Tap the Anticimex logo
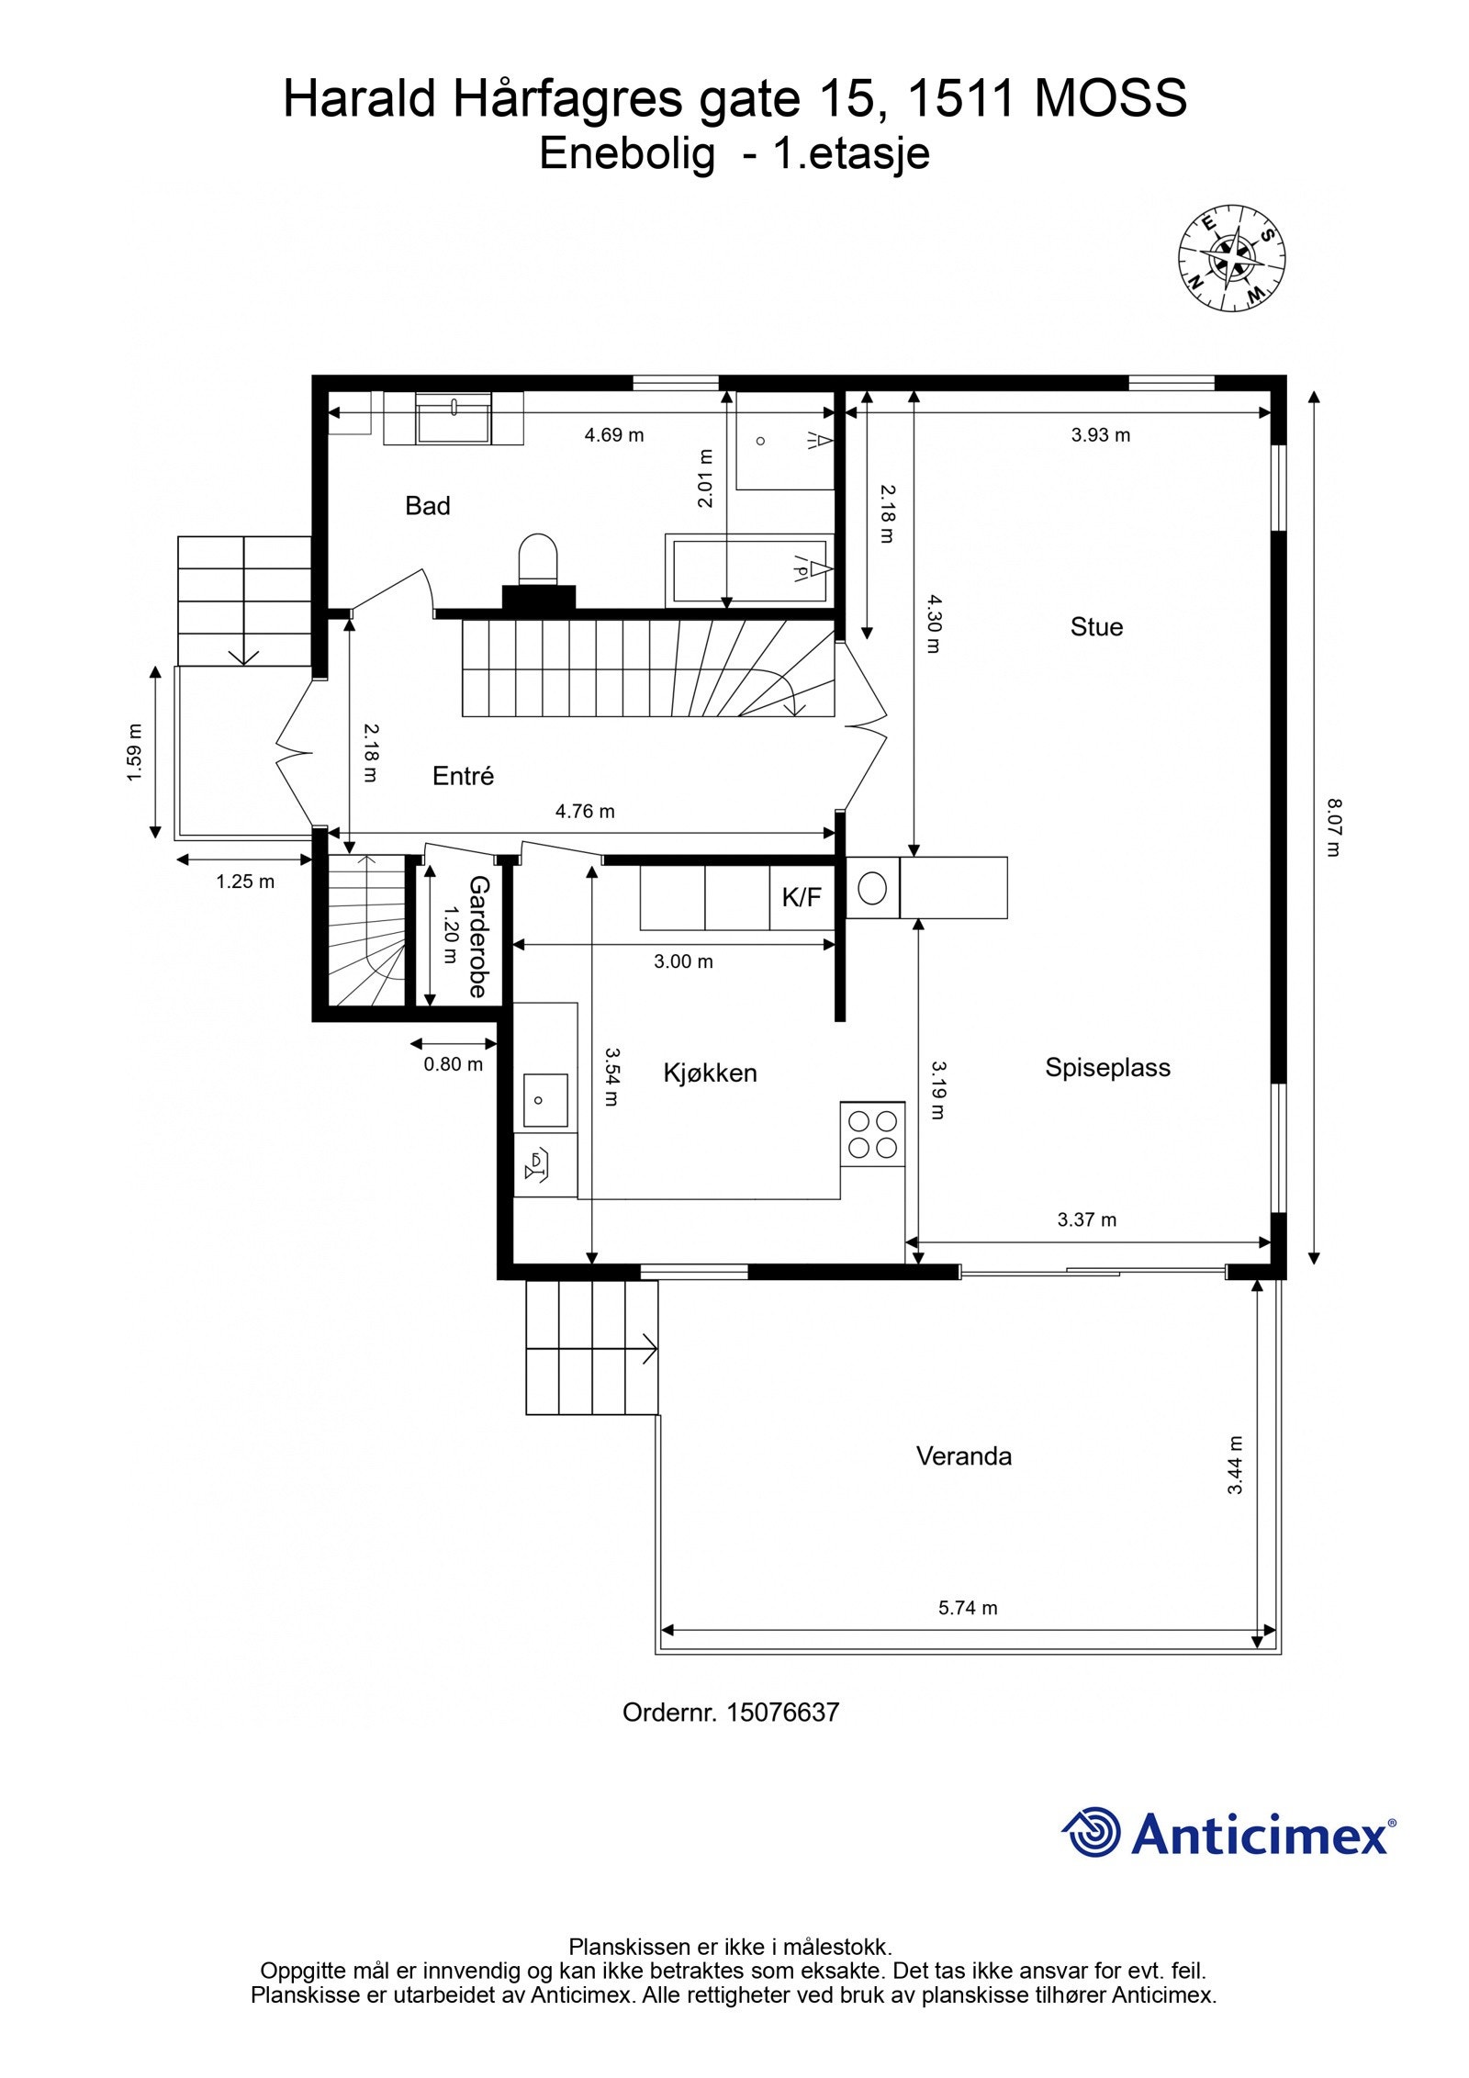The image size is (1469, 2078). [1228, 1832]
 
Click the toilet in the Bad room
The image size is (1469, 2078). [538, 560]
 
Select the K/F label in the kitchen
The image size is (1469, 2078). [802, 897]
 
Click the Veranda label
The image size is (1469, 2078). [964, 1456]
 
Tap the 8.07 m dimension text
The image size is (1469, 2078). [1333, 828]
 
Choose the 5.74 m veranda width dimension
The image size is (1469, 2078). [968, 1608]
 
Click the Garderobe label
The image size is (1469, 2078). [478, 936]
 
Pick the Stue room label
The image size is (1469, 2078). [1096, 627]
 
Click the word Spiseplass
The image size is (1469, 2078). [1107, 1068]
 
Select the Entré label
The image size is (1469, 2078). [463, 776]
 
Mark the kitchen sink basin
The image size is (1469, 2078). [545, 1100]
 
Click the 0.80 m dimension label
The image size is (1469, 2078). [453, 1064]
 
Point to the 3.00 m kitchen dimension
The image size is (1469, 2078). [683, 961]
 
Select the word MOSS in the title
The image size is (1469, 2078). [1111, 98]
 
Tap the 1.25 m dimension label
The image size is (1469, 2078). [245, 882]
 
